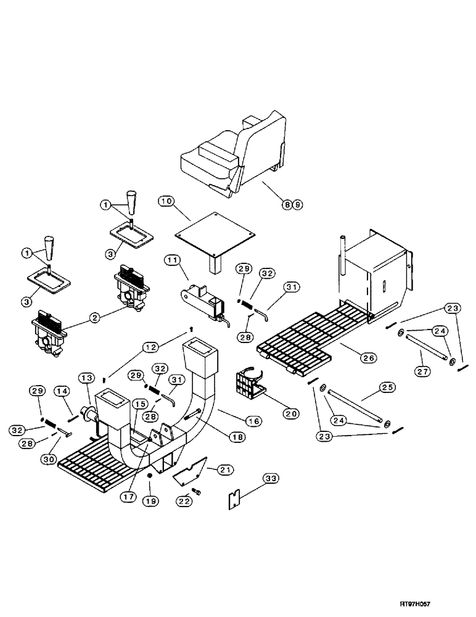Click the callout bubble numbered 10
pos(165,201)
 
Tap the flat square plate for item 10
pos(215,235)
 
